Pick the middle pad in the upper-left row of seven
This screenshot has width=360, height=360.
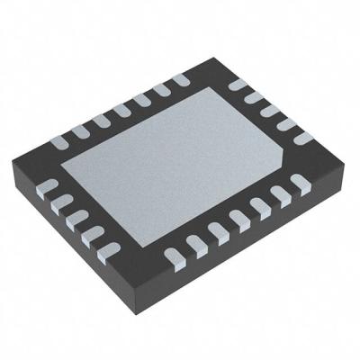click(120, 108)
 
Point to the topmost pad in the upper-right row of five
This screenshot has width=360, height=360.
click(237, 85)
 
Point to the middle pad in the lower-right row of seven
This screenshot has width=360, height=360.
click(238, 219)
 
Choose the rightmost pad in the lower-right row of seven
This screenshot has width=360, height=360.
click(300, 184)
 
